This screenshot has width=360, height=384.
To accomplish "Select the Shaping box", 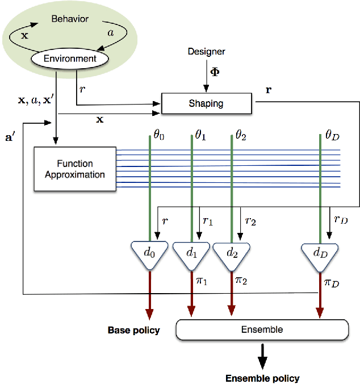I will point(206,103).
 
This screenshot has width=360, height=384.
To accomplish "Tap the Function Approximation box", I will point(75,169).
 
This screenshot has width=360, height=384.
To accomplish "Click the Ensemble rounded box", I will point(262,329).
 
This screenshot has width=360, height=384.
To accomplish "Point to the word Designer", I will point(206,52).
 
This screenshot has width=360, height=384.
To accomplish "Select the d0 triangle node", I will point(149,253).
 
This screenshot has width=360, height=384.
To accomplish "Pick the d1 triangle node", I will point(191,253).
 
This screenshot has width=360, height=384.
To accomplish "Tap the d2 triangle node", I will point(232,253).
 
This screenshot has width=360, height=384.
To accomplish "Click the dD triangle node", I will point(319,253).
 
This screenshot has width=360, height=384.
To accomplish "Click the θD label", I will point(332,136).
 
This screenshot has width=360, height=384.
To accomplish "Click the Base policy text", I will point(133,330).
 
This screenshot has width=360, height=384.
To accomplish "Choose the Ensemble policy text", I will point(262,378).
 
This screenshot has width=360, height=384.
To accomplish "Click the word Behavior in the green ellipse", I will point(70,19).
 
